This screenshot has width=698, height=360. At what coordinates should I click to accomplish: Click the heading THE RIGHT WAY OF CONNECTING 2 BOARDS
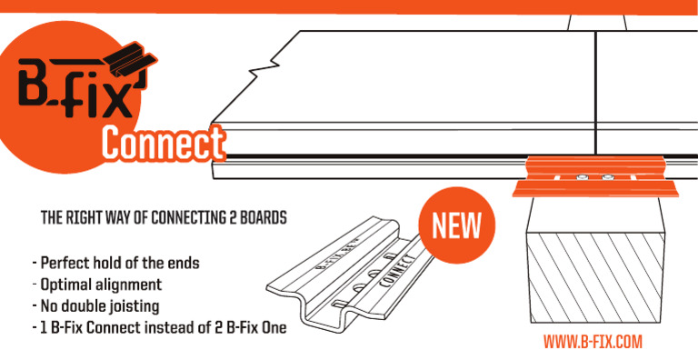coord(165,219)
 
